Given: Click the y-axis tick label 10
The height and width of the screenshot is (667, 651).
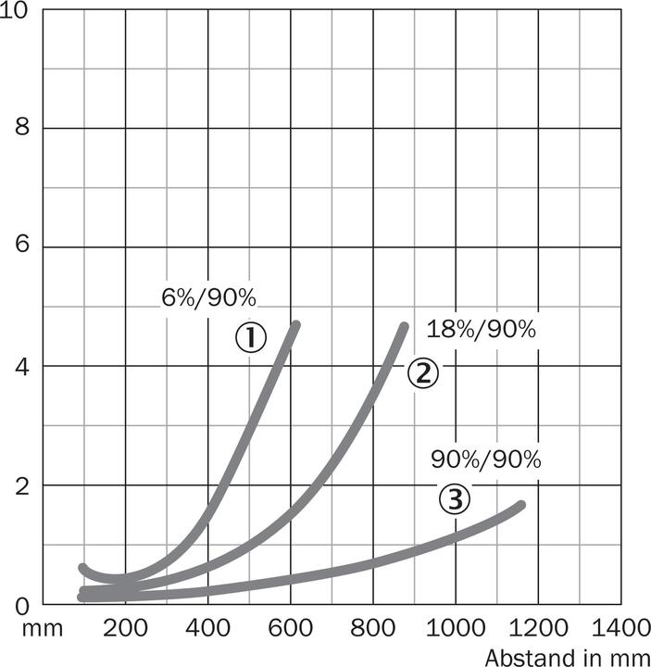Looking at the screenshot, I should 20,10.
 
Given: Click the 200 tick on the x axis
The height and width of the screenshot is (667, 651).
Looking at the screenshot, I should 125,629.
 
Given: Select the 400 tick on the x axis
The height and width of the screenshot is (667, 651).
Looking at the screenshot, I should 207,629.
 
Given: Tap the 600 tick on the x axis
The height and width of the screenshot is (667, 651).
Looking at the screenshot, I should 290,629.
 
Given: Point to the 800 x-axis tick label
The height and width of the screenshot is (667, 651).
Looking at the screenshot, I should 372,629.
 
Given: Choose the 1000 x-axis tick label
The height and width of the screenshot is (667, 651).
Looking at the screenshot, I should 454,629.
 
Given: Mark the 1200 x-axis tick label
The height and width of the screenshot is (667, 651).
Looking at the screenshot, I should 536,629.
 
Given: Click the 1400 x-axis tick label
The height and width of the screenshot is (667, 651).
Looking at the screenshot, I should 619,629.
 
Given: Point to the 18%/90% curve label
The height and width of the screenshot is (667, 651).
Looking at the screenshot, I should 482,330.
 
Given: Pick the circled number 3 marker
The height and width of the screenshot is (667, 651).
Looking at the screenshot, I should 454,499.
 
